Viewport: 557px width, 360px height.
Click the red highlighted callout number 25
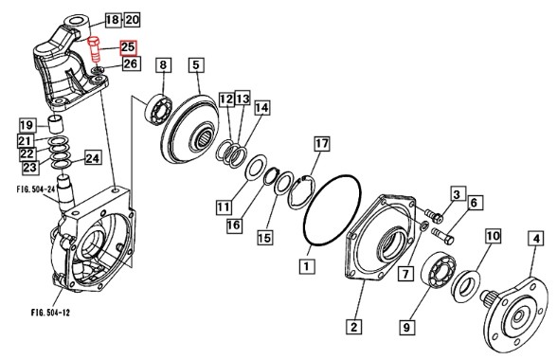click(128, 47)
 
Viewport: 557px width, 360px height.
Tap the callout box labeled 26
click(131, 63)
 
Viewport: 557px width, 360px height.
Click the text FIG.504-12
click(50, 313)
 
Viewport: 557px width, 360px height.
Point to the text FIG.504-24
click(36, 189)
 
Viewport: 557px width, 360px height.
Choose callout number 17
click(322, 144)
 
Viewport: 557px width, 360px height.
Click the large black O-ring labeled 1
click(332, 210)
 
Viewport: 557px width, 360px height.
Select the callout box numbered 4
click(536, 238)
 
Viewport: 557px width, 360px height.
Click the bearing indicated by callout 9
click(439, 269)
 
